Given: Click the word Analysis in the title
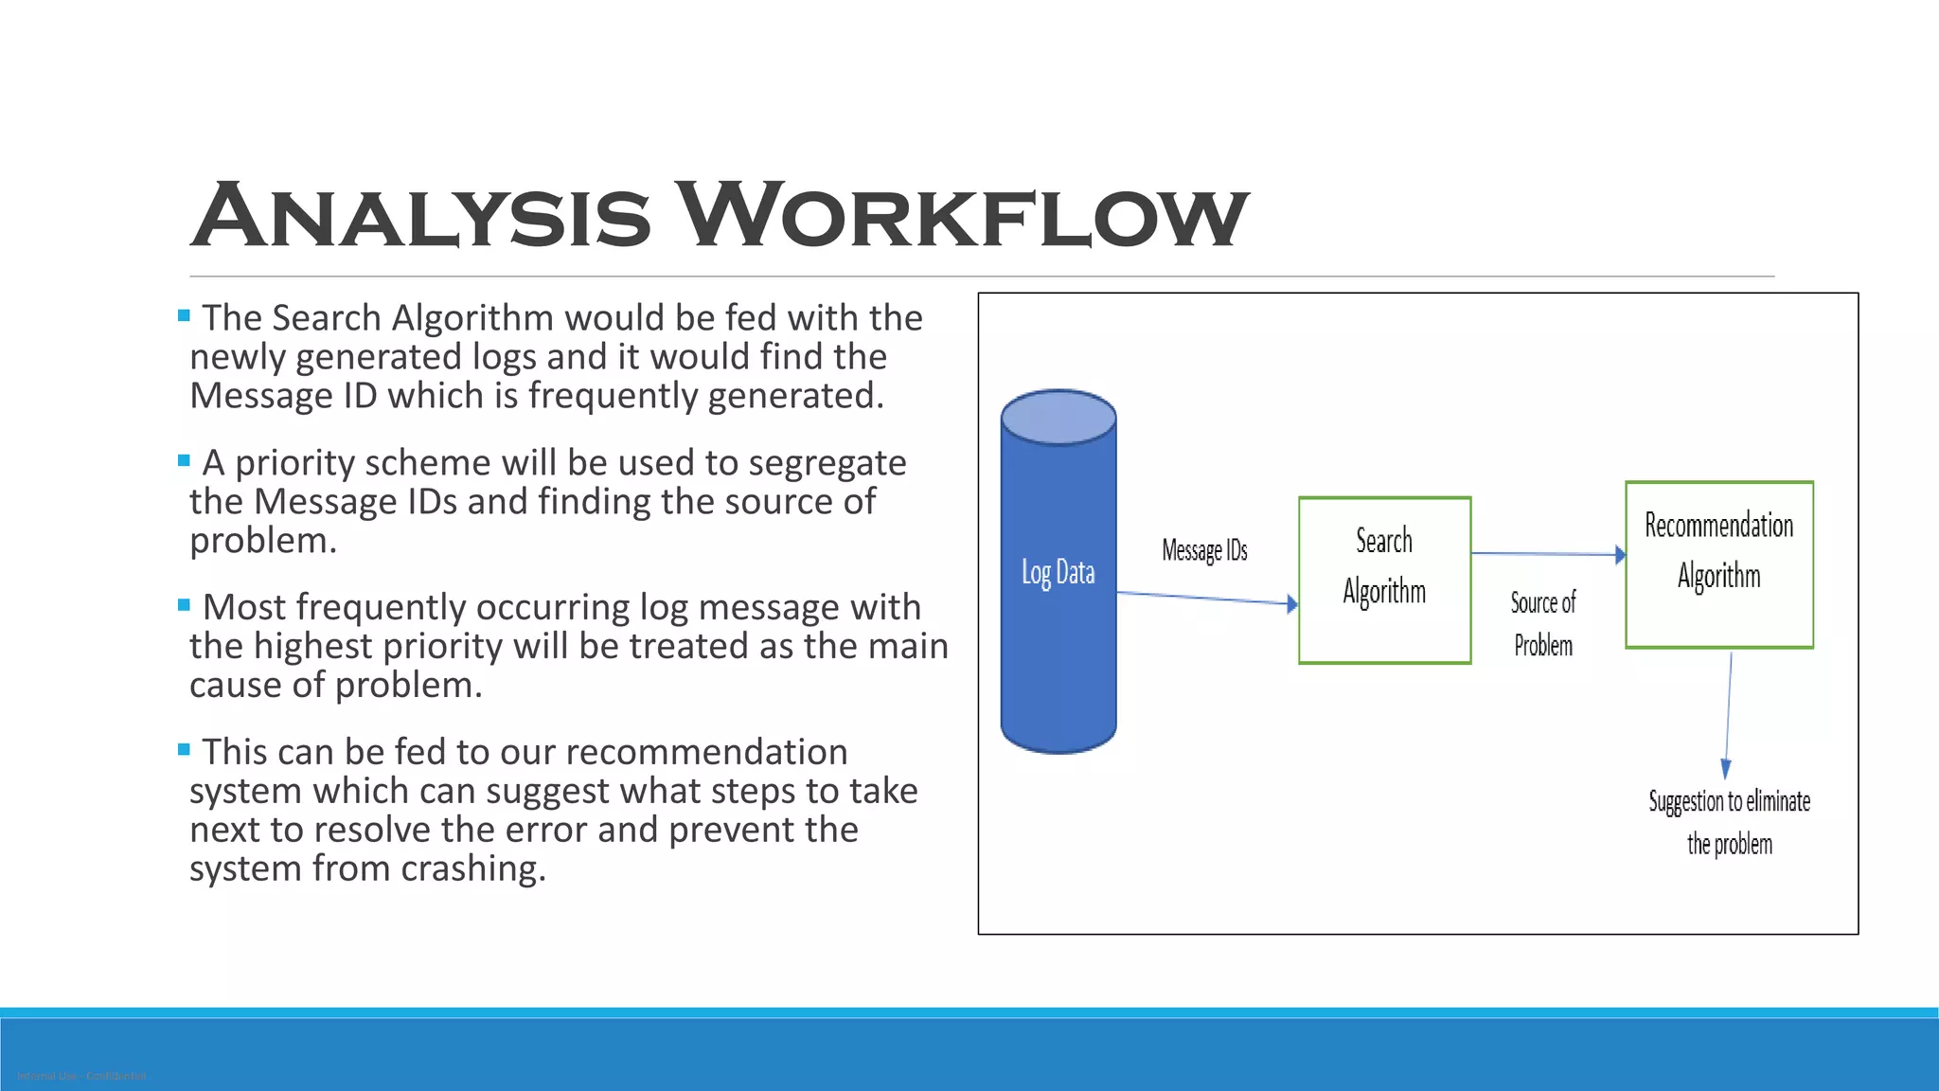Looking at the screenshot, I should (421, 216).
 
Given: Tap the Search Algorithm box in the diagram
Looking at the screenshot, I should (1384, 580).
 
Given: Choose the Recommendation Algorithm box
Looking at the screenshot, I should (1718, 564).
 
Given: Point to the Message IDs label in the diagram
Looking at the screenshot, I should (1204, 550).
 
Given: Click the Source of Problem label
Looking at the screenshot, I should (1542, 623).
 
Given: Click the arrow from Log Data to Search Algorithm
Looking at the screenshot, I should (1207, 598).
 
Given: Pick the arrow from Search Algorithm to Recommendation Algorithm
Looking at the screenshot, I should (1548, 554).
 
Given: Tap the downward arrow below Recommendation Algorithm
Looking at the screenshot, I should (1729, 715).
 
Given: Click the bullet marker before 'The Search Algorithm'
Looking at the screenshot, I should (184, 315).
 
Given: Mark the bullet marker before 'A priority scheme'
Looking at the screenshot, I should (184, 460).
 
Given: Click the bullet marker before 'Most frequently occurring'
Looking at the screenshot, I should (184, 605).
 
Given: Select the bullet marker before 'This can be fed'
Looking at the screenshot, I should (184, 750).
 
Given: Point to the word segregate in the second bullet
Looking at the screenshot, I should (827, 463).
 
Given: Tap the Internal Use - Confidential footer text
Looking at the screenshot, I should (81, 1076).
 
